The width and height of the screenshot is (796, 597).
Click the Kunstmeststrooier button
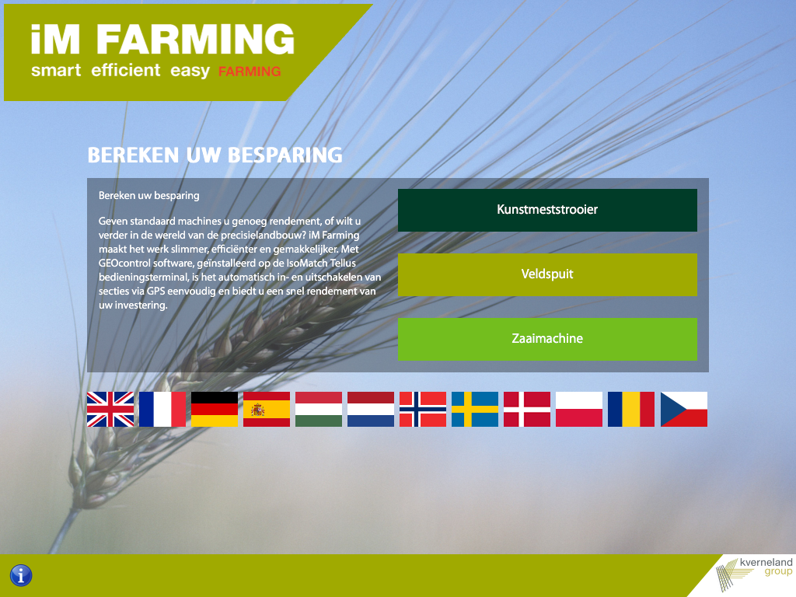pos(547,210)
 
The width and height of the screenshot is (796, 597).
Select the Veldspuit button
pos(547,274)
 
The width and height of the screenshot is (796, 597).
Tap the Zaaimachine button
pos(547,339)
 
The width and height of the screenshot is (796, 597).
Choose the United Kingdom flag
pos(110,409)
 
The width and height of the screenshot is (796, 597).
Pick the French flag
pos(162,409)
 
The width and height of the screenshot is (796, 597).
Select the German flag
pos(215,409)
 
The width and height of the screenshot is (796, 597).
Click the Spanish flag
pos(267,409)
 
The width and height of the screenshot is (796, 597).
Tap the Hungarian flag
pos(319,409)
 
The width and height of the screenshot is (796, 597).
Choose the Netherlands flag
pos(371,409)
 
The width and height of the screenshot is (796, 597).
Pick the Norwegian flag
pos(423,409)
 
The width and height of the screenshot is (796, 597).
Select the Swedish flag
pos(475,409)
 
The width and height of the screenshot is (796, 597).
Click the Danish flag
pos(527,409)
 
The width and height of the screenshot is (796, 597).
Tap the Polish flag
pos(579,409)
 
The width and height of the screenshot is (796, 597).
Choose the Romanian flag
pos(631,409)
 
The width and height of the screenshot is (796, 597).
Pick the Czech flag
pos(684,409)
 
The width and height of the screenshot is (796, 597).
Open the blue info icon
pos(21,576)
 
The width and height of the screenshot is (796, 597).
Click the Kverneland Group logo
pos(754,574)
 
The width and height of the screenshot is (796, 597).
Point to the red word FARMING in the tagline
pos(250,72)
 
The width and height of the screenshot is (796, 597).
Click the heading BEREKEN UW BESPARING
pos(215,155)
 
